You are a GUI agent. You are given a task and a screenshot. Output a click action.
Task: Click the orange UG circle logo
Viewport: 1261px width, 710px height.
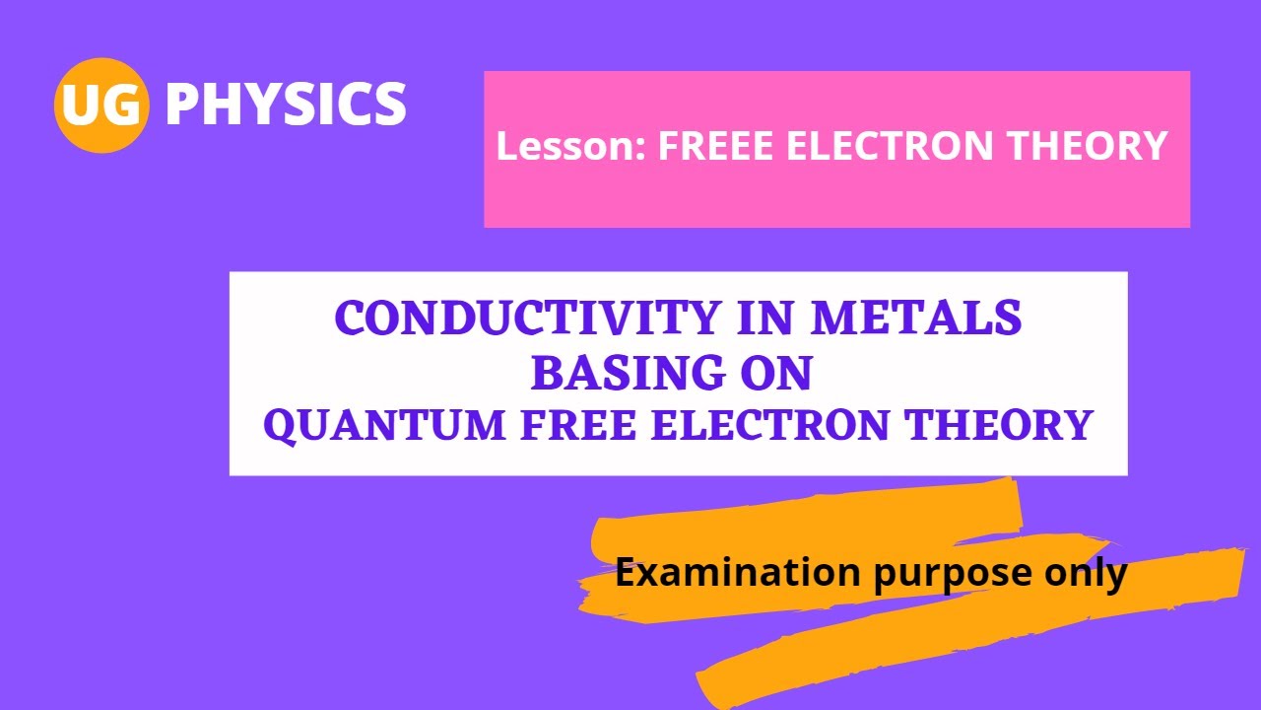tap(101, 106)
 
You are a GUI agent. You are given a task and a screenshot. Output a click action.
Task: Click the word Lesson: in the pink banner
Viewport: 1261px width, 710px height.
tap(570, 147)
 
